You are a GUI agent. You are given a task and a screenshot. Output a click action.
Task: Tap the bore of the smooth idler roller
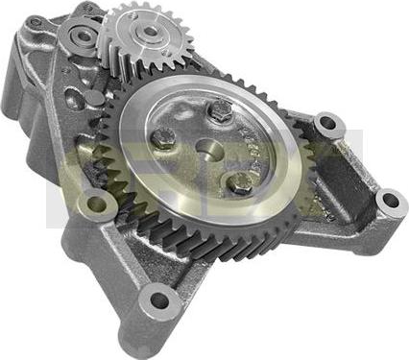tap(79, 39)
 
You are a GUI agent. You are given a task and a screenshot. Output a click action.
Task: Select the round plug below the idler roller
tap(94, 99)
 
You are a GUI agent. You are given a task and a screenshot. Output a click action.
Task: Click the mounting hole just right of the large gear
tap(329, 124)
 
